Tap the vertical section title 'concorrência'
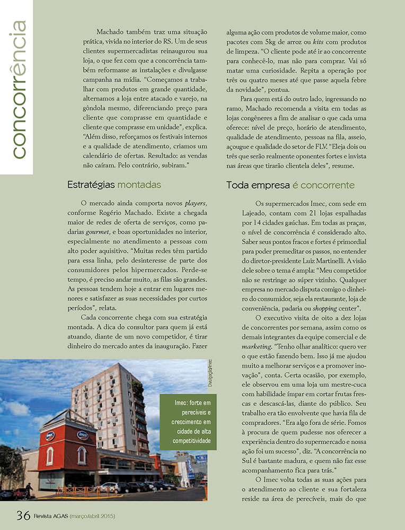[17, 89]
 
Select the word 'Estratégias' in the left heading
[91, 185]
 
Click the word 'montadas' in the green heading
[139, 185]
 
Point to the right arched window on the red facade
[81, 455]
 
